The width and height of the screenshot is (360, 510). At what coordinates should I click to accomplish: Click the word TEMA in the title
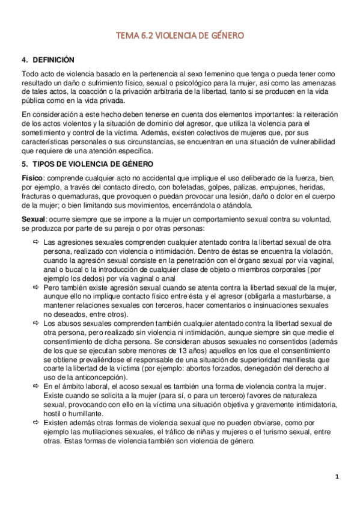(x=127, y=36)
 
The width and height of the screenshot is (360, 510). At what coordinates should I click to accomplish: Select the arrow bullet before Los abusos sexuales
(x=36, y=324)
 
